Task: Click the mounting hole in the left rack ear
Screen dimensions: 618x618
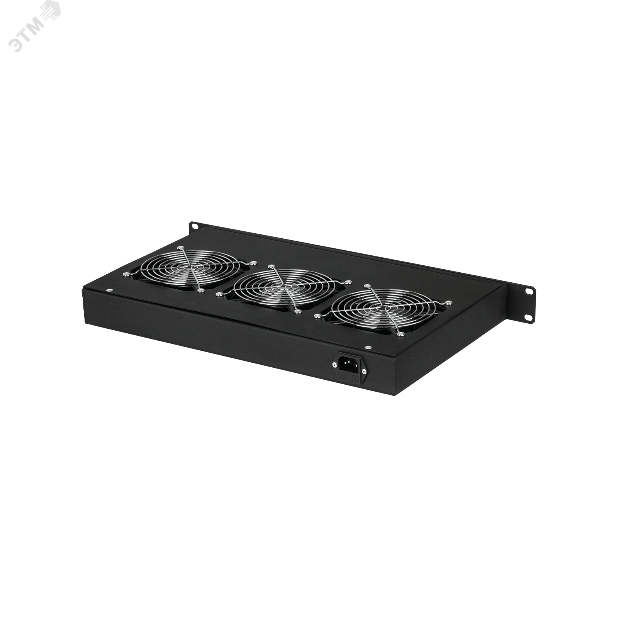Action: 196,225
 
